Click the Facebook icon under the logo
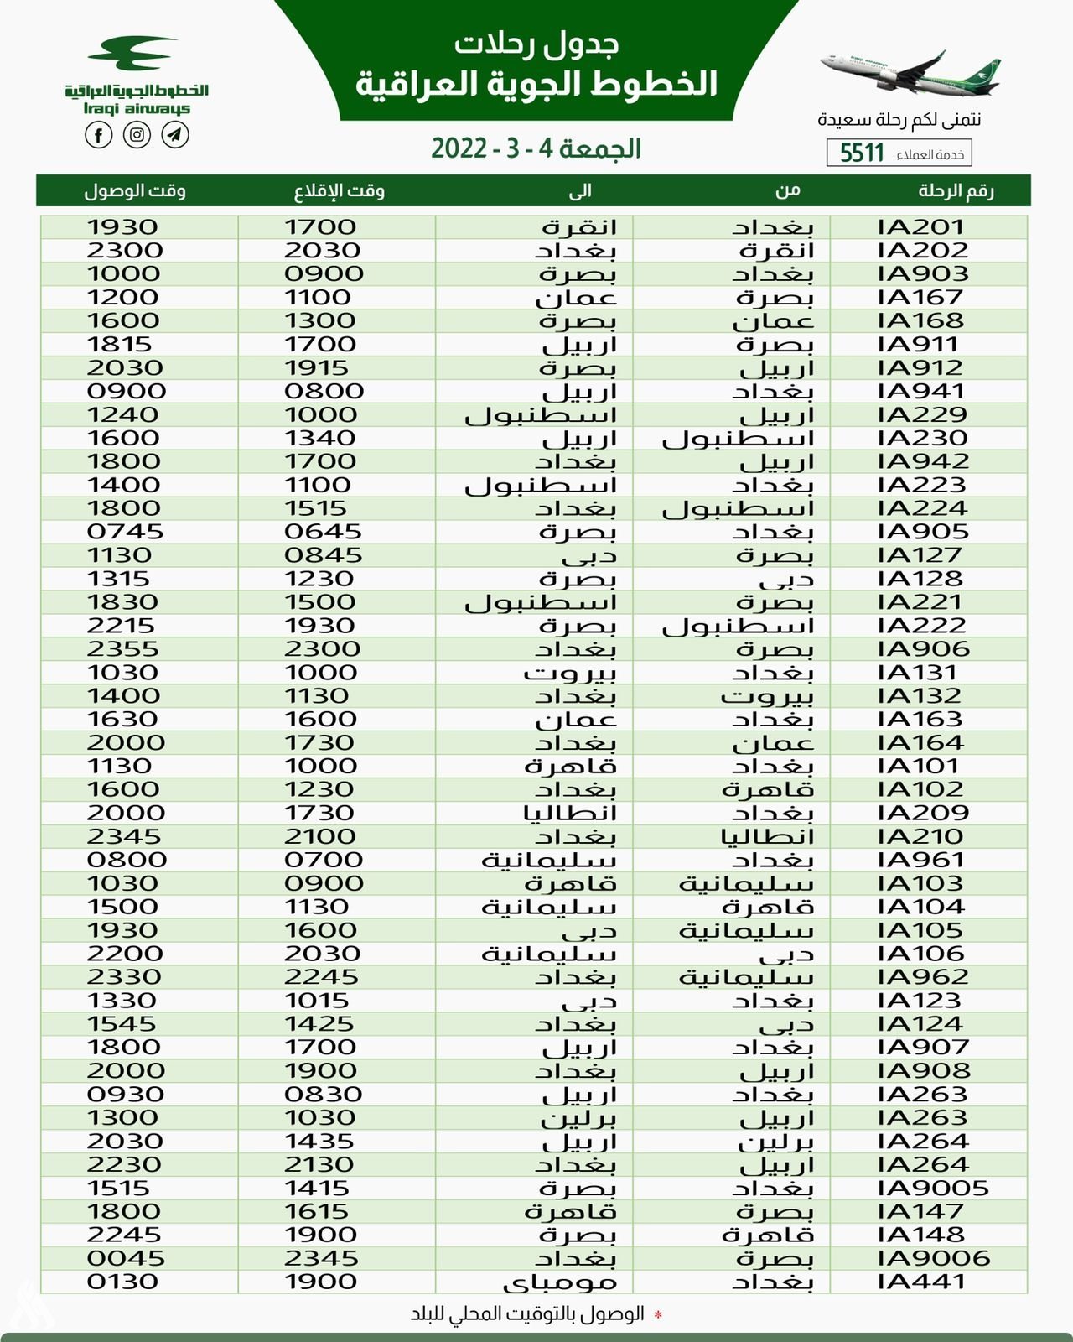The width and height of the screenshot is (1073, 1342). pos(99,135)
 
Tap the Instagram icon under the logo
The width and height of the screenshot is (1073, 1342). pos(137,135)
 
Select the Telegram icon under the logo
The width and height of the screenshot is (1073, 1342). pos(175,135)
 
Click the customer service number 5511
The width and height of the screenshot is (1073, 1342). pos(863,153)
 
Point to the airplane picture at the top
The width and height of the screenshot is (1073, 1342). pos(910,70)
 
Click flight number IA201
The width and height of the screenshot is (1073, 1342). pos(921,227)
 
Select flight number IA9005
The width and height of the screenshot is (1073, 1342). pos(933,1189)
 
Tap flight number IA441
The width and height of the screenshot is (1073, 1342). pos(921,1282)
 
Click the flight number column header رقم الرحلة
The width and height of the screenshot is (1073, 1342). pos(956,191)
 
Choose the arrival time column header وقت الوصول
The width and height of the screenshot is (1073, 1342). pos(134,191)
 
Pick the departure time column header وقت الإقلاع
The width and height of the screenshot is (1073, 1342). pos(339,191)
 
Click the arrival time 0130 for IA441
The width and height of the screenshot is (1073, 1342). pos(122,1282)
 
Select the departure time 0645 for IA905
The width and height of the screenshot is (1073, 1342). pos(323,532)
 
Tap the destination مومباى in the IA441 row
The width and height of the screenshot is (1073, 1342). pos(559,1282)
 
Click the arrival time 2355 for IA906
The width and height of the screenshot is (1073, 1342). pos(122,649)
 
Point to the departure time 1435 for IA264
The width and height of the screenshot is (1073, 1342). pos(319,1142)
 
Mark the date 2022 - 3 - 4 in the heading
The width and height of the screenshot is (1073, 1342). pos(536,149)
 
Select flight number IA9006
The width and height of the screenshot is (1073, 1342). pos(934,1259)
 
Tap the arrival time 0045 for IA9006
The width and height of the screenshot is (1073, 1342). pos(126,1259)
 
